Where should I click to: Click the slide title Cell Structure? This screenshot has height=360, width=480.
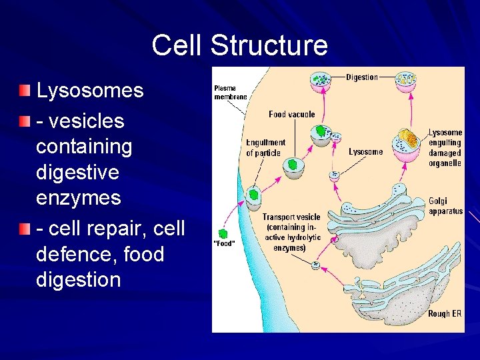click(x=239, y=45)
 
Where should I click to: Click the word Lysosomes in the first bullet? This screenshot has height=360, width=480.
click(x=90, y=91)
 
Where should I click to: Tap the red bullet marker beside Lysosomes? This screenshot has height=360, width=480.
click(x=25, y=90)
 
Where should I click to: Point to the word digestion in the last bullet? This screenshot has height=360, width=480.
click(x=79, y=279)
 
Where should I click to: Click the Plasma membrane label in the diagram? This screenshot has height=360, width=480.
click(x=230, y=93)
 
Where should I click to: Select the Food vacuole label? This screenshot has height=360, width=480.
click(x=291, y=114)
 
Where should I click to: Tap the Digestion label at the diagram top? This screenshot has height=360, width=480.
click(x=362, y=77)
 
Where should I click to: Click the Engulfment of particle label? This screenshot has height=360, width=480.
click(x=265, y=148)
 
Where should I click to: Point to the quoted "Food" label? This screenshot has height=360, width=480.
click(x=223, y=243)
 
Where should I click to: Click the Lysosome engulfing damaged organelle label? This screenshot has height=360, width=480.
click(x=445, y=148)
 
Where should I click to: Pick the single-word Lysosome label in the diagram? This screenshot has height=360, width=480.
click(x=365, y=152)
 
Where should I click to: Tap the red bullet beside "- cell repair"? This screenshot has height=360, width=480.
click(x=25, y=229)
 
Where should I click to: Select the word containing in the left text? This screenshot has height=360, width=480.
click(x=84, y=146)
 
